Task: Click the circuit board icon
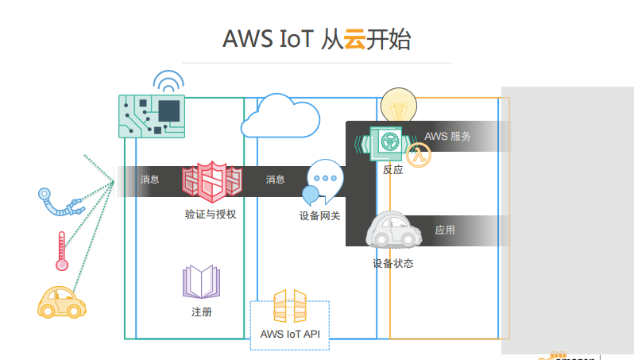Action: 152,116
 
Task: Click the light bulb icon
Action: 398,104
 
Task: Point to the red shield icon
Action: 212,181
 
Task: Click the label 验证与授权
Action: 211,215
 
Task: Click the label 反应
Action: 392,170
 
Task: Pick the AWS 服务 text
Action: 447,136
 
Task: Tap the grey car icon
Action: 393,232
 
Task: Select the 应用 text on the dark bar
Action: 445,230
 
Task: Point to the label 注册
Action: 202,312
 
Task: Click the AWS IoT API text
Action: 290,334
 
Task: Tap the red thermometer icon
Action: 61,251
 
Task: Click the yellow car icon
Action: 62,303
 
